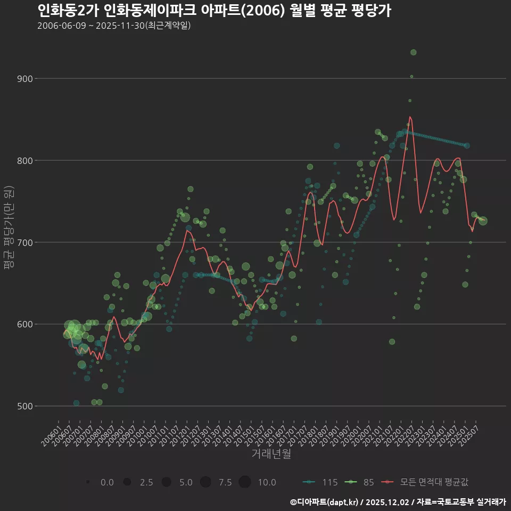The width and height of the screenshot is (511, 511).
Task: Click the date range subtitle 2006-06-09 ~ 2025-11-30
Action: coord(114,26)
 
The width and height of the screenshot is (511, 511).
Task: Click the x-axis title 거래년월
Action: coord(271,454)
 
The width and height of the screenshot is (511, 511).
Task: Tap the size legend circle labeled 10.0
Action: coord(245,482)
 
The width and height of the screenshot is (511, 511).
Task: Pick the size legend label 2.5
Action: coord(146,482)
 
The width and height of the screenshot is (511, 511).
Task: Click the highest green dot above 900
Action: coord(414,52)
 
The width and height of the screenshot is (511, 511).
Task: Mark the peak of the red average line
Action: coord(410,117)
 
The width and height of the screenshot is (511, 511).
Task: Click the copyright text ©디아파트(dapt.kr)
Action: coord(324,502)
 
